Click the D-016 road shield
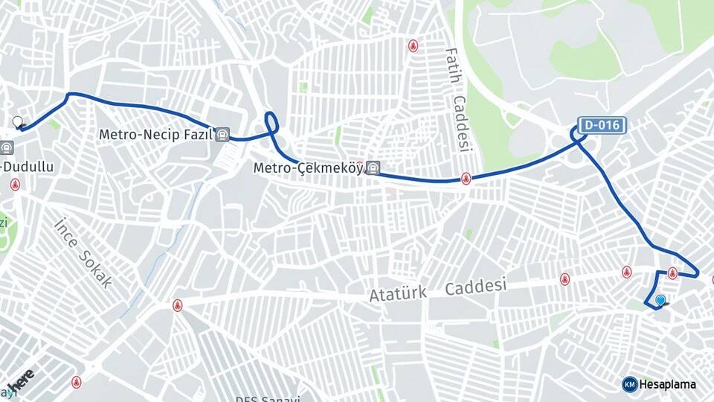point(601,125)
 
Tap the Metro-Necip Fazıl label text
point(156,135)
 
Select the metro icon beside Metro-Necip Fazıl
point(222,135)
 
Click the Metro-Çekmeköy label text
point(308,168)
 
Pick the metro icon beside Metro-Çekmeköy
point(373,168)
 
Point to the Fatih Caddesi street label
point(459,100)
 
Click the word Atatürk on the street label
point(398,293)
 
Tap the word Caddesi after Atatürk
point(476,286)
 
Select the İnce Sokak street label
point(83,252)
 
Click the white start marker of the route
point(18,121)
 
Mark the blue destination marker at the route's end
point(660,301)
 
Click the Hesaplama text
point(668,384)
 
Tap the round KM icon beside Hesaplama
point(630,384)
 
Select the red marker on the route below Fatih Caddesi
point(466,178)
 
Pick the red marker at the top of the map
point(413,46)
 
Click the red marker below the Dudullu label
point(15,184)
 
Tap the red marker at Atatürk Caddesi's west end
point(177,304)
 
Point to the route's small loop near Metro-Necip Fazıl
point(271,123)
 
